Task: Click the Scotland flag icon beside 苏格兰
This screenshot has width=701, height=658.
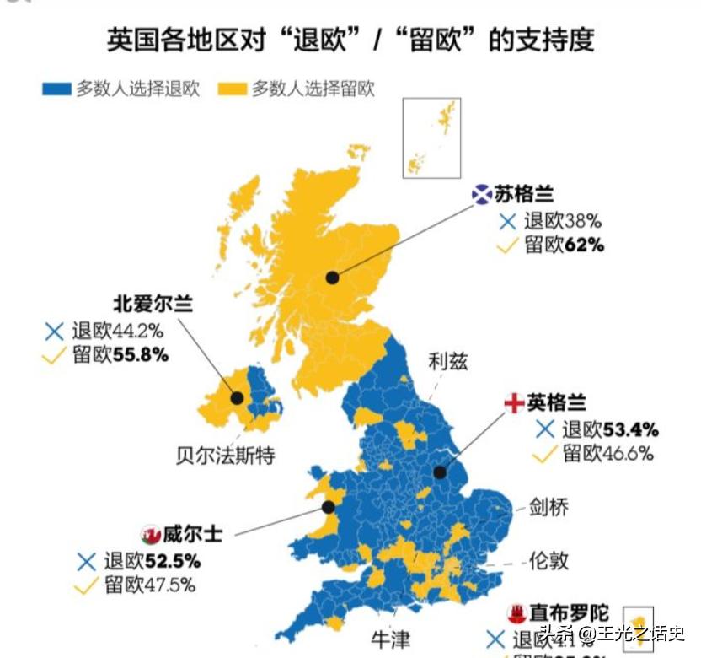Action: coord(481,195)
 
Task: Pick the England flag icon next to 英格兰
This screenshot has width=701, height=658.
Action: coord(514,402)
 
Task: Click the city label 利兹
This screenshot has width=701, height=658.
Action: coord(447,362)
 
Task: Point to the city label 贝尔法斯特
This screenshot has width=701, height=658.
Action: coord(225,456)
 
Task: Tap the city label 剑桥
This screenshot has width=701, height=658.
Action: coord(548,506)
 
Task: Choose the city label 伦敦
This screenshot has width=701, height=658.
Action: coord(548,559)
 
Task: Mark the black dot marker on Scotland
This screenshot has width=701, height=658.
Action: coord(333,277)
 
